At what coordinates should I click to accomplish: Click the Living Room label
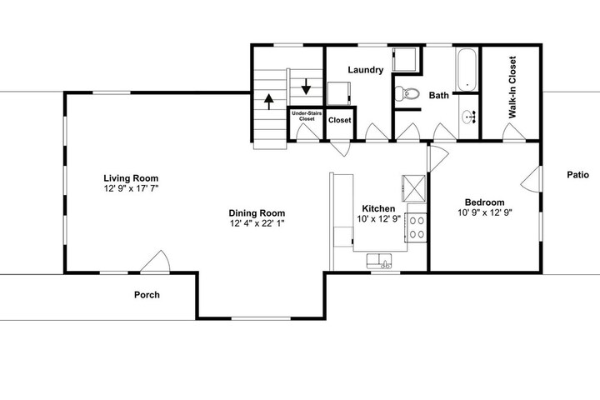click(131, 178)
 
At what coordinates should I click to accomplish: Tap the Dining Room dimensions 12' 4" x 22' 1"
click(257, 223)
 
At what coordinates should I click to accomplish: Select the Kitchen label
click(378, 208)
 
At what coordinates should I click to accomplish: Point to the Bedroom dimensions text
click(485, 212)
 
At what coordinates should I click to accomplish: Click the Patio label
click(577, 174)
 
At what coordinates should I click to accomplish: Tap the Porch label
click(147, 295)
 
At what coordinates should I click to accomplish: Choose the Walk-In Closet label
click(512, 87)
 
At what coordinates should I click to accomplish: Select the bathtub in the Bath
click(467, 70)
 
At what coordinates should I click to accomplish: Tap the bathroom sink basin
click(468, 117)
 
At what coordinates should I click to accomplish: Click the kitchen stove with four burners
click(417, 227)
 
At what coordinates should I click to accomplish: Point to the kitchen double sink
click(379, 261)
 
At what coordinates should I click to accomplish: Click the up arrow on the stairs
click(269, 102)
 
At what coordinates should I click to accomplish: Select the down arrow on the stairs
click(306, 87)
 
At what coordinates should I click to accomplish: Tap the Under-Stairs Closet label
click(307, 116)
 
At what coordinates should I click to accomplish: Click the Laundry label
click(366, 70)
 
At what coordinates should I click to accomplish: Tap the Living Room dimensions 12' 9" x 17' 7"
click(132, 188)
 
